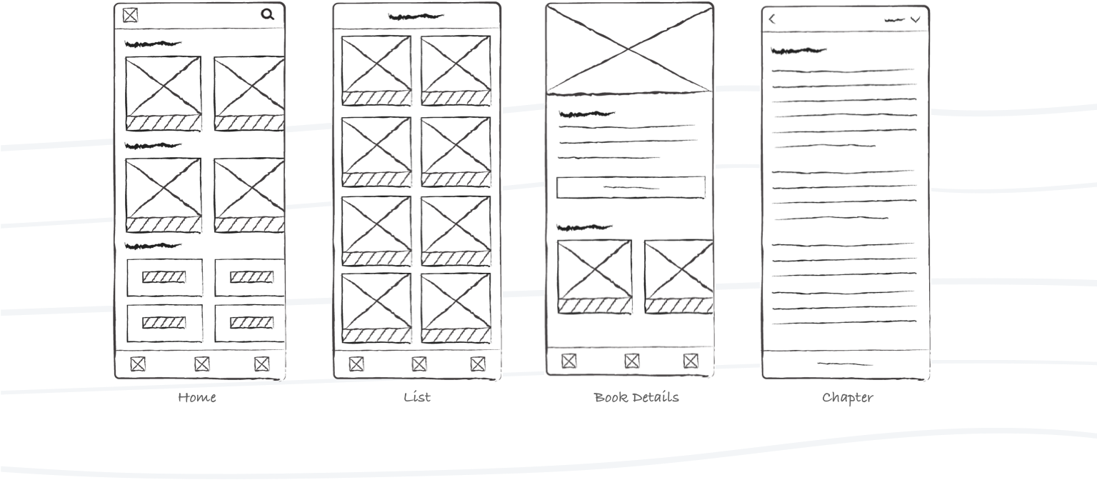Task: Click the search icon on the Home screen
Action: point(267,15)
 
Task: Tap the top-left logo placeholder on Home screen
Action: point(130,15)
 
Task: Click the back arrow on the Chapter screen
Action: point(772,19)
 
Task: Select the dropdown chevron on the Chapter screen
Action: point(916,19)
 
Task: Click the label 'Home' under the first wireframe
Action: point(197,397)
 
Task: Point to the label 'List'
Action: point(417,397)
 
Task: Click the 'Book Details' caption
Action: point(636,397)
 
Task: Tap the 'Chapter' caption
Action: point(848,398)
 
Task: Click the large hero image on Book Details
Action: point(629,49)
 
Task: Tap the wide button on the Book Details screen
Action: point(631,188)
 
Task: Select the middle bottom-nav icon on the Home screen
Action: point(202,364)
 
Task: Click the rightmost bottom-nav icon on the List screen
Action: point(478,364)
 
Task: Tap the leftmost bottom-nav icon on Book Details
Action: point(568,361)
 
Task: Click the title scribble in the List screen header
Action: point(416,17)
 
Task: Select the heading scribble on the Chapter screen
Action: point(798,51)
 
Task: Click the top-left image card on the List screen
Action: point(376,71)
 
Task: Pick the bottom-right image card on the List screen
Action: point(456,308)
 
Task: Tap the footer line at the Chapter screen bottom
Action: point(846,364)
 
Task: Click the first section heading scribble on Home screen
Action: point(153,44)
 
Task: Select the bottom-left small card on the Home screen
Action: point(164,324)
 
